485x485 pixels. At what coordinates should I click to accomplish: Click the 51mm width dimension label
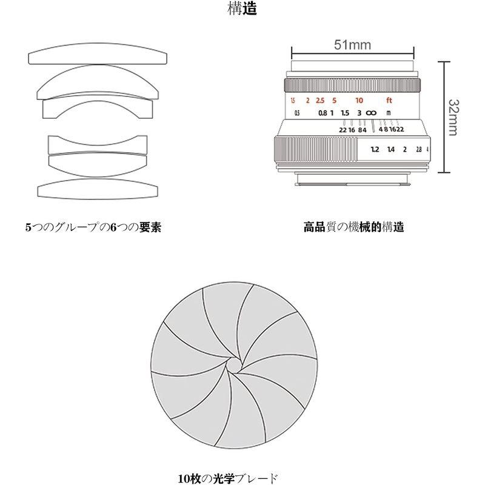(352, 44)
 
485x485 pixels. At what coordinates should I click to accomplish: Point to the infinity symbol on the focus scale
(372, 113)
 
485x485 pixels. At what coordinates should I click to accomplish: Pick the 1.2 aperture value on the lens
(375, 149)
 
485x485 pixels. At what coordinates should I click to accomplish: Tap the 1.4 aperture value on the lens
(390, 149)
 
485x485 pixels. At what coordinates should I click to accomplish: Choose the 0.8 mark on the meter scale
(323, 113)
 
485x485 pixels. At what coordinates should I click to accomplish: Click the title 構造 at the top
(242, 10)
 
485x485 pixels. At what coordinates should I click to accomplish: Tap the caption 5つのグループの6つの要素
(93, 228)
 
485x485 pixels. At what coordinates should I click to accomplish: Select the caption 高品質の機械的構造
(353, 228)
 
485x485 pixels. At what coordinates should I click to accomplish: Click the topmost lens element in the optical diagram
(98, 56)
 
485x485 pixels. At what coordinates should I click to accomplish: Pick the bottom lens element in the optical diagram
(98, 189)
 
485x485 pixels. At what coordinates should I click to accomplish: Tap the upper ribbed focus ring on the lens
(352, 84)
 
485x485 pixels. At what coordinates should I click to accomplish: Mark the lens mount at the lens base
(353, 176)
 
